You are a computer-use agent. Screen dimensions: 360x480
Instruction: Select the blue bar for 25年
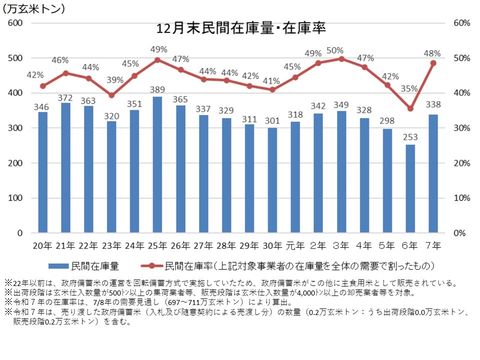(x=157, y=165)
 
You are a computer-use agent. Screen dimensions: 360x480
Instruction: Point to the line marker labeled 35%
(x=410, y=108)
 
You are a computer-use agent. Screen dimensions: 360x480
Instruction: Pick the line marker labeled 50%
(x=341, y=59)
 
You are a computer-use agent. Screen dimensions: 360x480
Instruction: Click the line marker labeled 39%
(x=111, y=95)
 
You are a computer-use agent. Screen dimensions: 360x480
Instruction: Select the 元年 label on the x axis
(x=295, y=245)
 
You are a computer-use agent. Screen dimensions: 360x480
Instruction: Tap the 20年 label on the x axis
(x=42, y=245)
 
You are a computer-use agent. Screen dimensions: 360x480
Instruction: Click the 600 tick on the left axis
(x=16, y=23)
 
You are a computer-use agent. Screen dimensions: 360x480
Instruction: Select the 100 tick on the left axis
(x=16, y=198)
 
